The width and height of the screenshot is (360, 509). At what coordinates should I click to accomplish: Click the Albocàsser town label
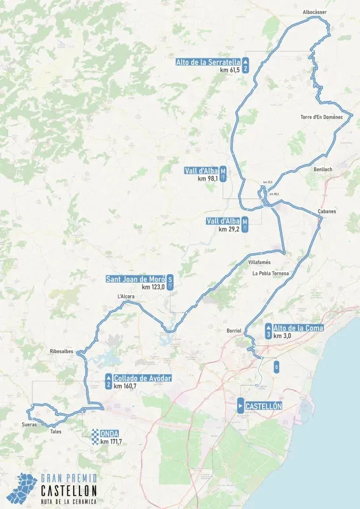click(315, 12)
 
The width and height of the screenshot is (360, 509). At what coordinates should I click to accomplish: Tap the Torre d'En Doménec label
click(321, 117)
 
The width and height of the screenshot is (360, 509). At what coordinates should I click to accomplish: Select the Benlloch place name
click(323, 169)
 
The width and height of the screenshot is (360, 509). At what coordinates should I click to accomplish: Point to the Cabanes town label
click(327, 211)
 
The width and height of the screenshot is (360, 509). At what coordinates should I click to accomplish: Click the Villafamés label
click(260, 262)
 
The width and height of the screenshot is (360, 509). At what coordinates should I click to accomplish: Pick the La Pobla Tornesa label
click(270, 274)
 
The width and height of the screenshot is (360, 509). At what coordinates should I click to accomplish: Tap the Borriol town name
click(234, 331)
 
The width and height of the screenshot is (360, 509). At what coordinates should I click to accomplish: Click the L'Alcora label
click(126, 296)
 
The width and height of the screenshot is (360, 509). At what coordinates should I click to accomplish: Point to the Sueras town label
click(29, 424)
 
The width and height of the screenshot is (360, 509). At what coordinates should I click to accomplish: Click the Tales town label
click(55, 431)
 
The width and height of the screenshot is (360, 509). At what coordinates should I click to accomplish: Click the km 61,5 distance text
click(230, 70)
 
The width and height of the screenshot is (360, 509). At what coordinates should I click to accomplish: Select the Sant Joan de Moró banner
click(135, 279)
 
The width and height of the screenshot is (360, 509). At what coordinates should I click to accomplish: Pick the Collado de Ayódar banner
click(142, 379)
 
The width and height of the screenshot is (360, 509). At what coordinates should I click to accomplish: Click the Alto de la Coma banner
click(298, 328)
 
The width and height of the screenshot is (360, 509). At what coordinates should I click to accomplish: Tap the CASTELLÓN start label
click(263, 406)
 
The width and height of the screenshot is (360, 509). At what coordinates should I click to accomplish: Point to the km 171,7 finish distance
click(111, 442)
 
